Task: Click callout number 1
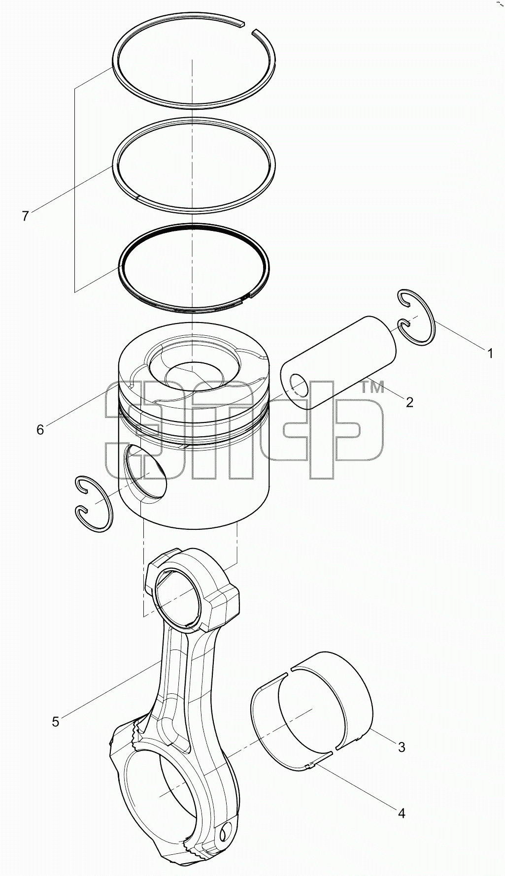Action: pos(489,353)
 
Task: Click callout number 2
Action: pos(409,402)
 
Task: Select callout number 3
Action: pos(402,747)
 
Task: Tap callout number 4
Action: pos(402,813)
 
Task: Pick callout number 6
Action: pos(40,430)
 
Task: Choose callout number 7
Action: pos(25,216)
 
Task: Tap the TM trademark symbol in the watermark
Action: pos(372,388)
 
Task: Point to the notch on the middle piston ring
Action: pos(136,198)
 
